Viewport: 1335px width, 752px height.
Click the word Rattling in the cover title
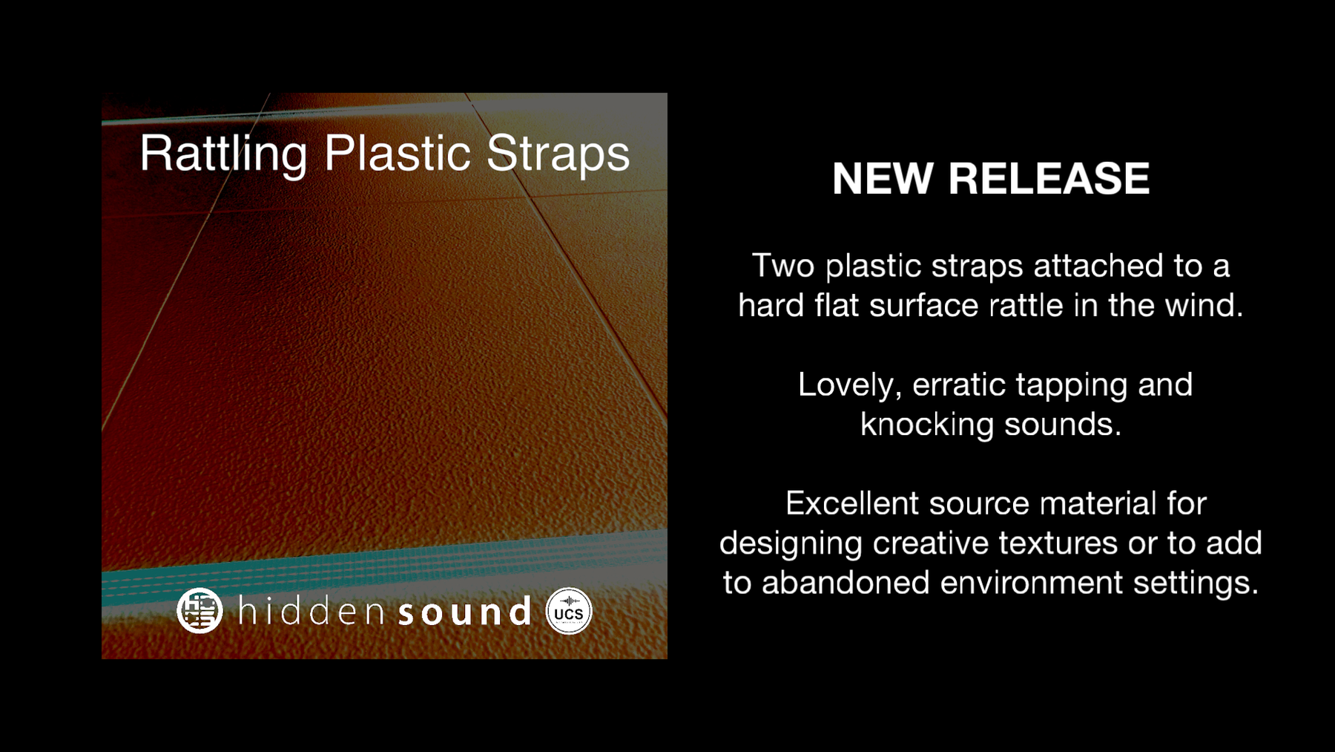(x=223, y=154)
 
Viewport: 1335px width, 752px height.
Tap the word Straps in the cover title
(x=558, y=154)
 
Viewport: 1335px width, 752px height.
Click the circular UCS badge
(x=569, y=612)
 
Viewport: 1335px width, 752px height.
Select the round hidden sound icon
(x=200, y=610)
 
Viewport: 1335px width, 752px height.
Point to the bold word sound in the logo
(x=465, y=611)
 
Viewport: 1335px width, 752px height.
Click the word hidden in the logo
(x=311, y=611)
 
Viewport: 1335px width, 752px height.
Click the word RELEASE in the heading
(x=1049, y=179)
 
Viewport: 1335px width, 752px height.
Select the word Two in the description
(x=783, y=266)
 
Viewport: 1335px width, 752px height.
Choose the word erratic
(x=959, y=385)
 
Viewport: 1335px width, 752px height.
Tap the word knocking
(x=927, y=425)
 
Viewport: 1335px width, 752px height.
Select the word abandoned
(x=845, y=583)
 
